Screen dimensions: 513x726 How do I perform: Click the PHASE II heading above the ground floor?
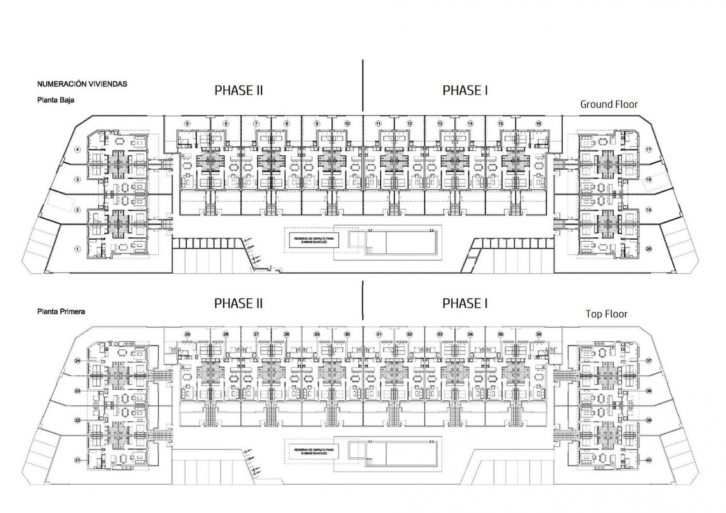(238, 90)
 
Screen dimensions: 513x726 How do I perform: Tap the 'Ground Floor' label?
(609, 104)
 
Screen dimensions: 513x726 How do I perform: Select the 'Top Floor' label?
(606, 314)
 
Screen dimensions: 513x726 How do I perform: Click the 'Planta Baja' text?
(54, 100)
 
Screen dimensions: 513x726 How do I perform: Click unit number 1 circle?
(77, 249)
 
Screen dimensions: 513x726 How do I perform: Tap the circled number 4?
(77, 150)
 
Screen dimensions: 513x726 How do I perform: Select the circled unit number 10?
(347, 123)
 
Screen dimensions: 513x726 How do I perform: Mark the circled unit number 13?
(440, 123)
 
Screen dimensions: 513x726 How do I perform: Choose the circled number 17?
(648, 149)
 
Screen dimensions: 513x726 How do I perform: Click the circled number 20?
(648, 249)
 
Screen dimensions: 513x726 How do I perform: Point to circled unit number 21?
(77, 460)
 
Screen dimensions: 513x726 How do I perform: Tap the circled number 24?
(77, 361)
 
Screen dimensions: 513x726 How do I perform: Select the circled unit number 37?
(648, 361)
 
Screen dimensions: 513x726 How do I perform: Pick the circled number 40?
(648, 460)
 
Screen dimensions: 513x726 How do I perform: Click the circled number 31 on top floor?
(379, 334)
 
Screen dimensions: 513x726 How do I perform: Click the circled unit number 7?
(256, 123)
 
